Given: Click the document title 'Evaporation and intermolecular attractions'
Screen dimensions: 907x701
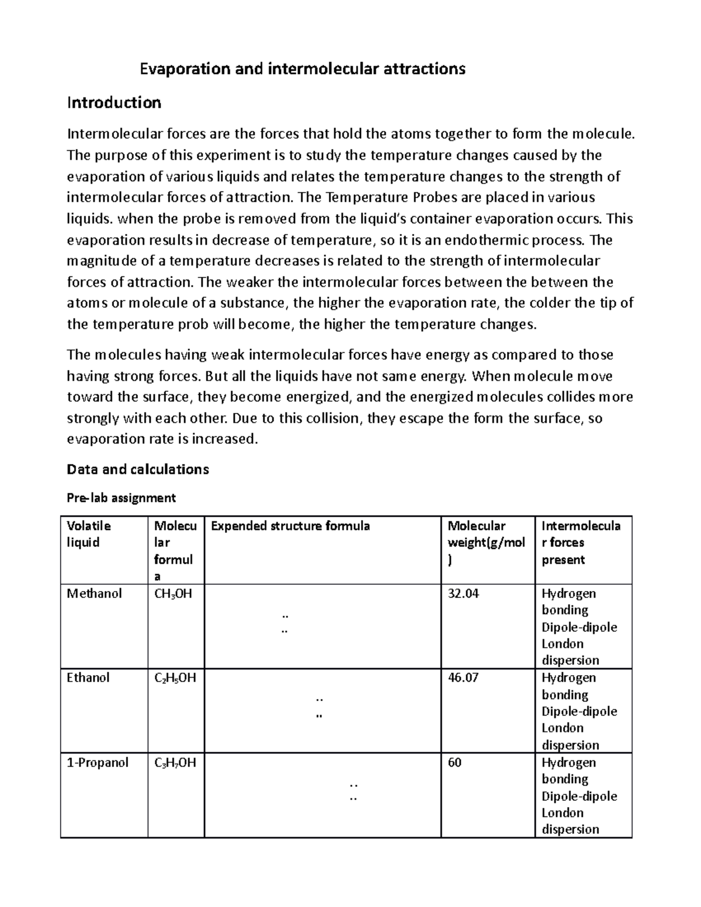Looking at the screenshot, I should (x=303, y=69).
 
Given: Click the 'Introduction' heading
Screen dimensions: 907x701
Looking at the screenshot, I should (x=114, y=103).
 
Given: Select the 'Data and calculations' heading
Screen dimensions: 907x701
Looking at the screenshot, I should (x=138, y=469).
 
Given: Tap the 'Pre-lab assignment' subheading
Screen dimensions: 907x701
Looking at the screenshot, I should (x=121, y=498).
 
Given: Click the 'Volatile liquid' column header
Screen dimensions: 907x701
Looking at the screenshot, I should (x=89, y=534).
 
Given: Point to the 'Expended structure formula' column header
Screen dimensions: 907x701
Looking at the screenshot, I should (x=290, y=526).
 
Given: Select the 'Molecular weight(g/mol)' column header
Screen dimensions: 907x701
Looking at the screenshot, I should (x=485, y=543).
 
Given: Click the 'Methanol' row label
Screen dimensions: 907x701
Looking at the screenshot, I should (x=94, y=593).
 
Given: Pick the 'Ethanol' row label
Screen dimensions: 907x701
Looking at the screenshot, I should (x=88, y=678).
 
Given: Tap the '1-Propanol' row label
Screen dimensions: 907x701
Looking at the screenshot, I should (x=98, y=763).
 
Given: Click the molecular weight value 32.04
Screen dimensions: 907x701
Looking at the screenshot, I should (x=463, y=593).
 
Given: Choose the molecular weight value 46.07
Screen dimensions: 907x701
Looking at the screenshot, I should (x=463, y=678).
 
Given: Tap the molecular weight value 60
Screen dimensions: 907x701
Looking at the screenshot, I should (x=454, y=763).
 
